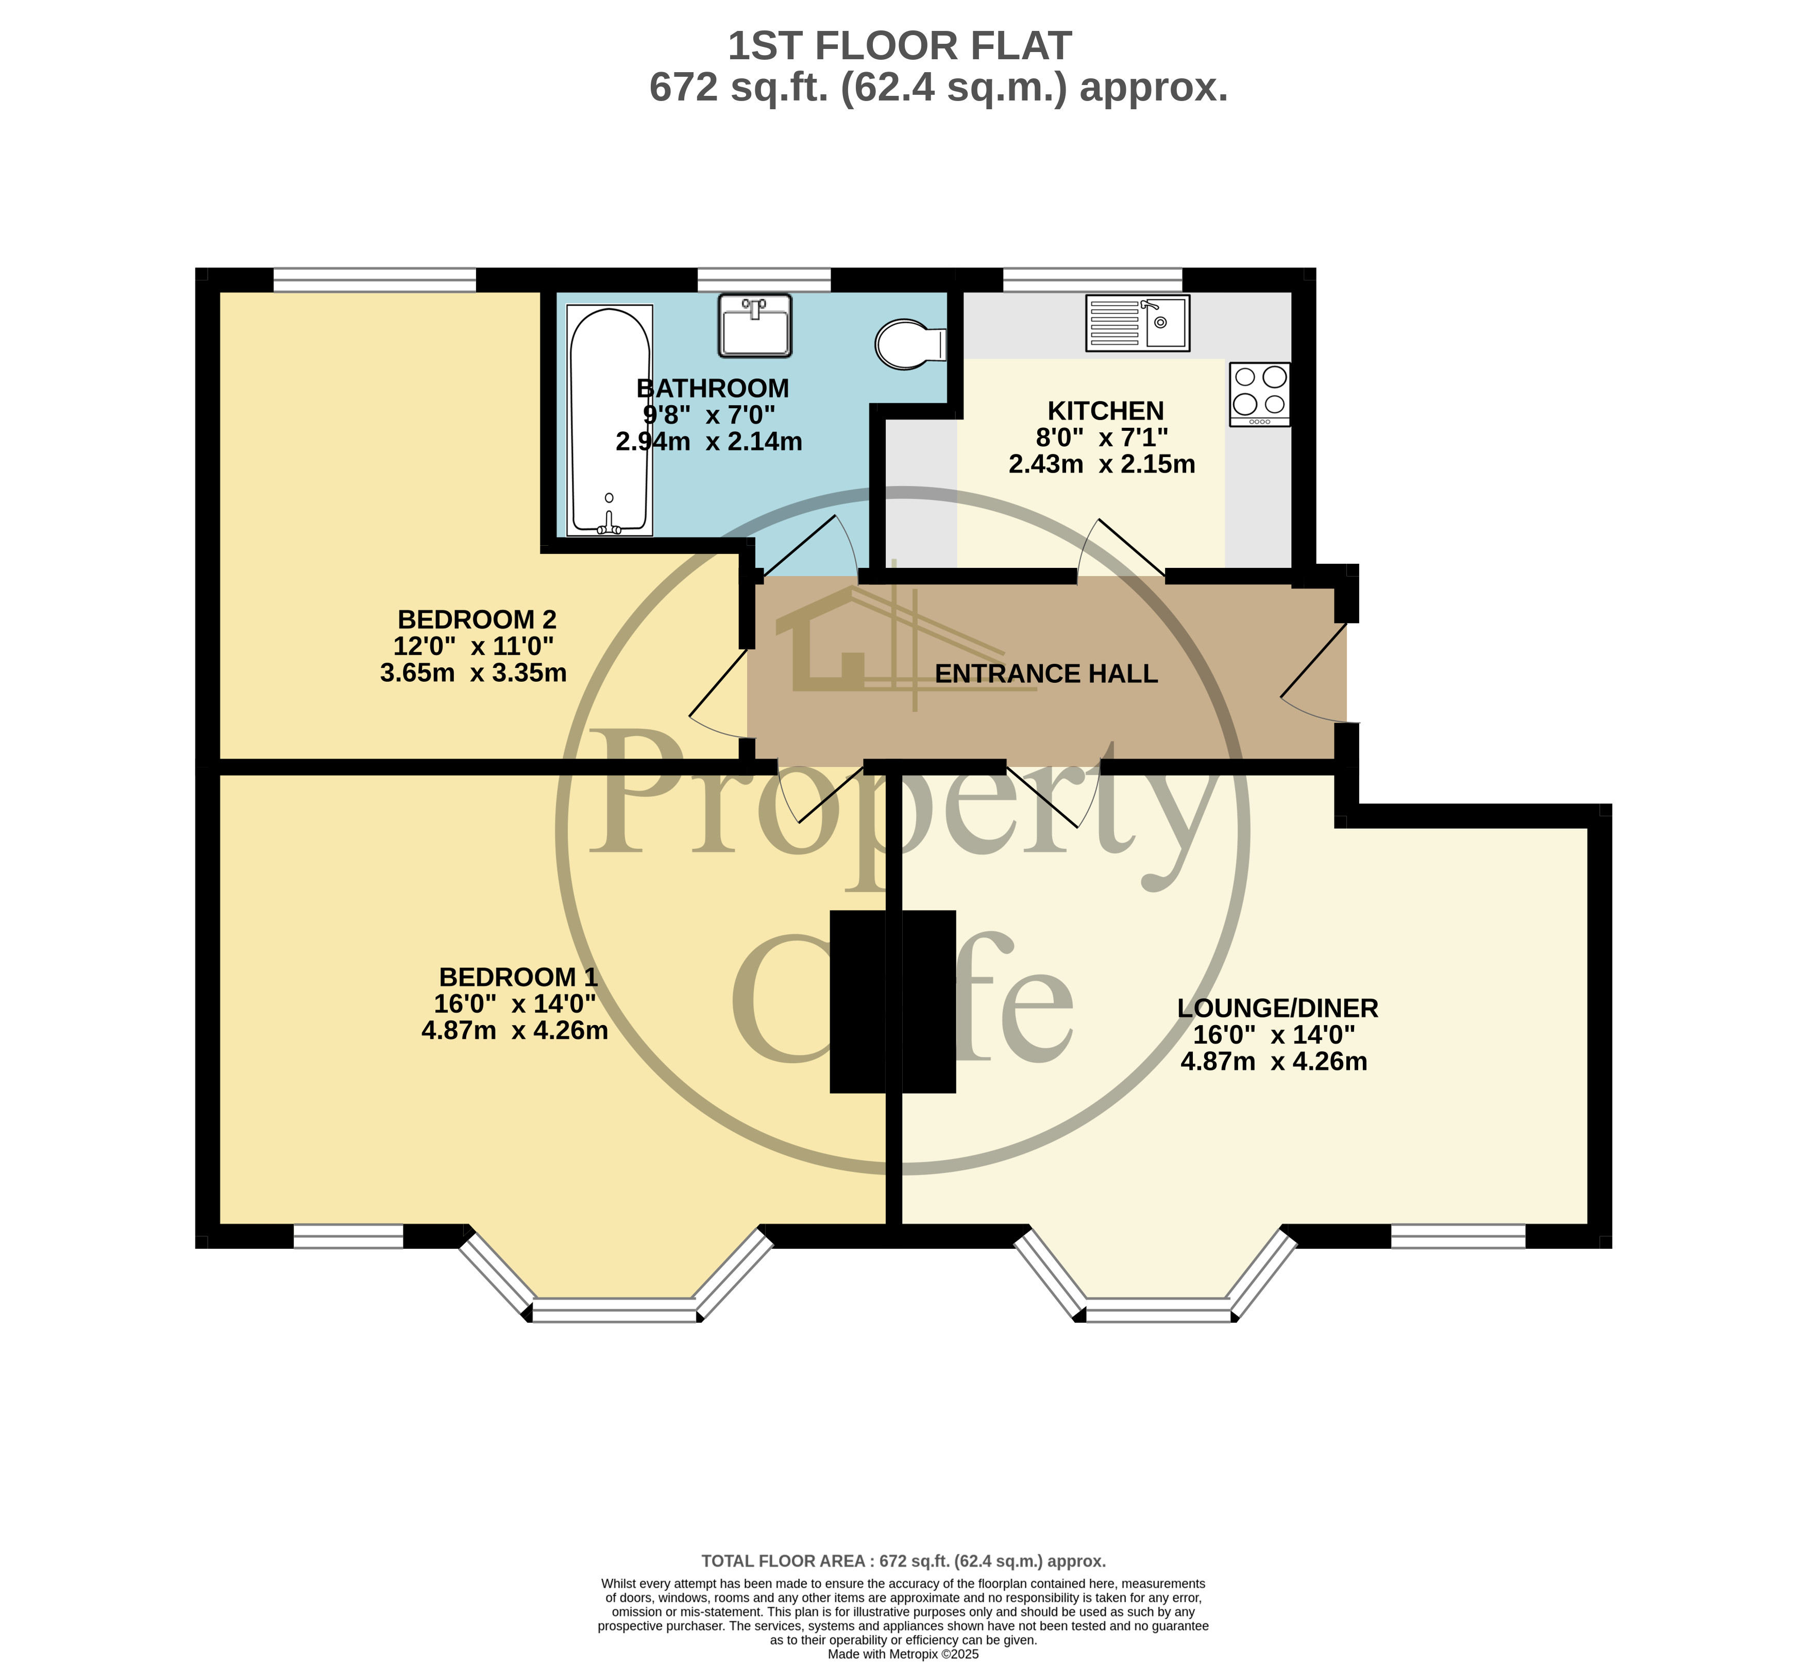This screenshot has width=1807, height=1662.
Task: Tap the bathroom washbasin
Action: point(755,325)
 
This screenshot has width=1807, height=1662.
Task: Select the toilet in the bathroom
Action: point(910,344)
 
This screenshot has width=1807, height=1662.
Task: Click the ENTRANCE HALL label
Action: point(1045,674)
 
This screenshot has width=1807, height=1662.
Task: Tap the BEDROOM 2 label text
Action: point(477,619)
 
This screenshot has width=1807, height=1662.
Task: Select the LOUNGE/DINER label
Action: point(1277,1008)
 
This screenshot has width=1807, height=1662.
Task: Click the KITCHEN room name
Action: point(1106,411)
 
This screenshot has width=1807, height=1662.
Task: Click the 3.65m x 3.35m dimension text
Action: point(473,673)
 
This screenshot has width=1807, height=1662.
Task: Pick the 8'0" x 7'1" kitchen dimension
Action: point(1102,438)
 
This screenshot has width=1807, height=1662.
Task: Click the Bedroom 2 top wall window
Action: point(374,280)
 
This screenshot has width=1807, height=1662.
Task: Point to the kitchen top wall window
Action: point(1092,280)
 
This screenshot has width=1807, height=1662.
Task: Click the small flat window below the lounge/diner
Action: point(1458,1237)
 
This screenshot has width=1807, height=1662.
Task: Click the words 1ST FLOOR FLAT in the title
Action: point(899,46)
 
